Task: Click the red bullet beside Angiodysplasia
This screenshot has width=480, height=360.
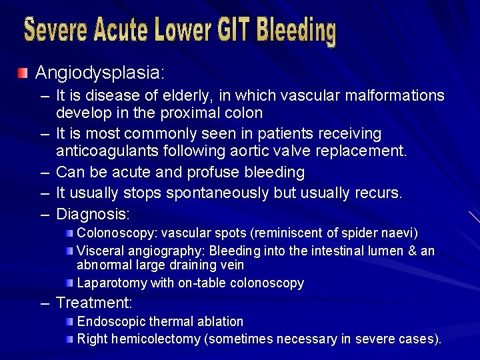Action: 23,72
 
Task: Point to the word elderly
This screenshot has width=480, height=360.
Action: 168,96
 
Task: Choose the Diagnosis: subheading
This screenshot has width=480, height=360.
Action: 93,215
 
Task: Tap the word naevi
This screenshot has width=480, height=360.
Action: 402,233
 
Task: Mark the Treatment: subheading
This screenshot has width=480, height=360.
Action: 94,303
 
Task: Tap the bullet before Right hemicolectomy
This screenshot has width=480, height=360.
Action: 70,339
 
